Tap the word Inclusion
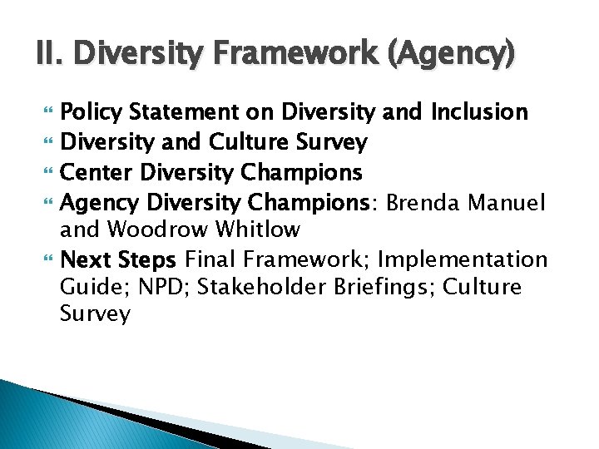pyautogui.click(x=479, y=111)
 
